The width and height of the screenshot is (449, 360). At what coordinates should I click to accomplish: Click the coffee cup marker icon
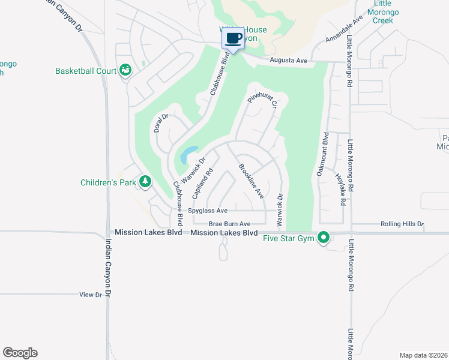[234, 38]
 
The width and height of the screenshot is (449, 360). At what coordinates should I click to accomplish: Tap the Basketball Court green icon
[125, 71]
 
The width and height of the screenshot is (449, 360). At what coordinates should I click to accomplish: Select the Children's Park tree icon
[145, 181]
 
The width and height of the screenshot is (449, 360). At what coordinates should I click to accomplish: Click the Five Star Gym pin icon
[324, 238]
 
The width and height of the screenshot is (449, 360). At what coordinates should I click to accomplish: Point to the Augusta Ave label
[288, 61]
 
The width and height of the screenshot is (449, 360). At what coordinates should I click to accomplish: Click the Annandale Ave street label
[345, 29]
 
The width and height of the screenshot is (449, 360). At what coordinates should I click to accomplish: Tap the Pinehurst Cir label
[262, 96]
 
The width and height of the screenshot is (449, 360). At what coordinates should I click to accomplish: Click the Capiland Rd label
[203, 184]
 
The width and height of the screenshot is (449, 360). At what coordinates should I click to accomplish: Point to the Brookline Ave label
[251, 181]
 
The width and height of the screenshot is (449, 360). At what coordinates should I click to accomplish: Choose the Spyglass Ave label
[208, 211]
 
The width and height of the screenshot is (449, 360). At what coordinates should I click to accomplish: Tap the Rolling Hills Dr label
[402, 224]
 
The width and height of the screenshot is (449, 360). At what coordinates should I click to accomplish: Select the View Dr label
[91, 295]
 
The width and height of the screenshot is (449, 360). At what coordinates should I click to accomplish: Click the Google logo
[20, 353]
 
